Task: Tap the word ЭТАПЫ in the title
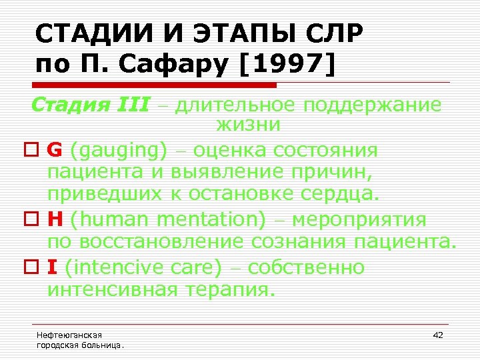(x=231, y=32)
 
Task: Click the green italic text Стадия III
(x=91, y=105)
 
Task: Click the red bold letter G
(x=55, y=151)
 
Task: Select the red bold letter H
(x=55, y=220)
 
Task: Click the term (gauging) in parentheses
(x=119, y=151)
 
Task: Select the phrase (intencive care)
(x=143, y=268)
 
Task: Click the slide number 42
(x=438, y=335)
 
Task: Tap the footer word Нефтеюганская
(x=69, y=335)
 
